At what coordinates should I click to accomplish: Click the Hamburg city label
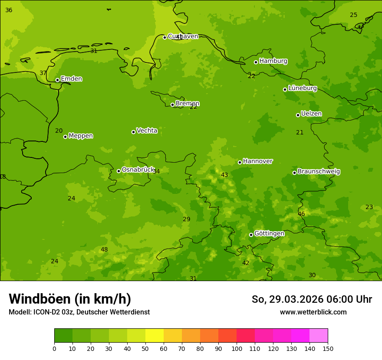tap(273, 61)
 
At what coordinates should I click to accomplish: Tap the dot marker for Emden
tap(57, 80)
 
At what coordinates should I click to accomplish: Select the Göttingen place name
tap(269, 233)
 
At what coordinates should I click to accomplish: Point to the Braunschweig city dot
tap(294, 173)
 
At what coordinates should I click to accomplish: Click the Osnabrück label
tap(138, 170)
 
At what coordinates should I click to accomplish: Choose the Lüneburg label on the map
tap(302, 88)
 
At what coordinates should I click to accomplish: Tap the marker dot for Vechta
tap(133, 132)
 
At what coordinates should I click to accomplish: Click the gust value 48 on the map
tap(104, 249)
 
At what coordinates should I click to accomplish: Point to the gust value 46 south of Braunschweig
tap(301, 214)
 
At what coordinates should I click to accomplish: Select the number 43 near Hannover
tap(224, 175)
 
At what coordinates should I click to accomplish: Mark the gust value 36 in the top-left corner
tap(9, 10)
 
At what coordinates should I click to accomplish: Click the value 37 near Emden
tap(43, 73)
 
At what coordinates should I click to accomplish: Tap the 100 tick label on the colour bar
tap(237, 348)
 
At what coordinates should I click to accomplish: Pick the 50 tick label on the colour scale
tap(145, 348)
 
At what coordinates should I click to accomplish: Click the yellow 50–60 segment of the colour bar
tap(155, 336)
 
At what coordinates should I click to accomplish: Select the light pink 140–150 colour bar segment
tap(319, 336)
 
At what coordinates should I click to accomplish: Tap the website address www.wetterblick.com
tap(313, 312)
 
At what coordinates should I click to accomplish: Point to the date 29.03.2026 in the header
tap(296, 299)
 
